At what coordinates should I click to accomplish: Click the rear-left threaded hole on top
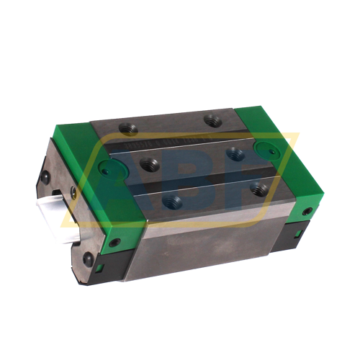pos(129,128)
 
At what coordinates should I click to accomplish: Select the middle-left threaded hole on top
pos(149,163)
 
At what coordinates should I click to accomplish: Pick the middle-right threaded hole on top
pos(234,153)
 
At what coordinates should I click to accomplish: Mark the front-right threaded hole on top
pos(260,189)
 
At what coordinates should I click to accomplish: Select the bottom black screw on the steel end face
pos(88,257)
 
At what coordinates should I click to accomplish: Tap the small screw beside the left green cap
pos(73,192)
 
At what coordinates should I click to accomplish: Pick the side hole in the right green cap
pos(307,211)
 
